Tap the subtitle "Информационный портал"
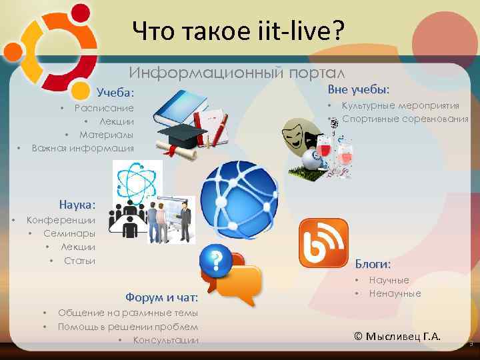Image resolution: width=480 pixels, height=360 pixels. coord(237,71)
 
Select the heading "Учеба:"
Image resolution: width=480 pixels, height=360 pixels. coord(115,91)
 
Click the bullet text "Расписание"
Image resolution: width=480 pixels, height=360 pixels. coord(104,108)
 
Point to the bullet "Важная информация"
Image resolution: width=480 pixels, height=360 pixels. coord(83,148)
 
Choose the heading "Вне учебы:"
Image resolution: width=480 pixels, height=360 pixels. coord(359,89)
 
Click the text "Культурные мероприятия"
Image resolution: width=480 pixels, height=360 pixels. coord(400,105)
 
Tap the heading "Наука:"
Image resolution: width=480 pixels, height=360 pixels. coord(77,204)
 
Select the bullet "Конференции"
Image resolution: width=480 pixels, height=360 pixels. coord(60,220)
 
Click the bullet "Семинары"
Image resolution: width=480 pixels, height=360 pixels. coord(69,233)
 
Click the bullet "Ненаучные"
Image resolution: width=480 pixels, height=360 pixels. coord(395,293)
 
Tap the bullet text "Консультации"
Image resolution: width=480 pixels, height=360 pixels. coord(165,340)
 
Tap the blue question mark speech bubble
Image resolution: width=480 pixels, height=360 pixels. coord(216,261)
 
